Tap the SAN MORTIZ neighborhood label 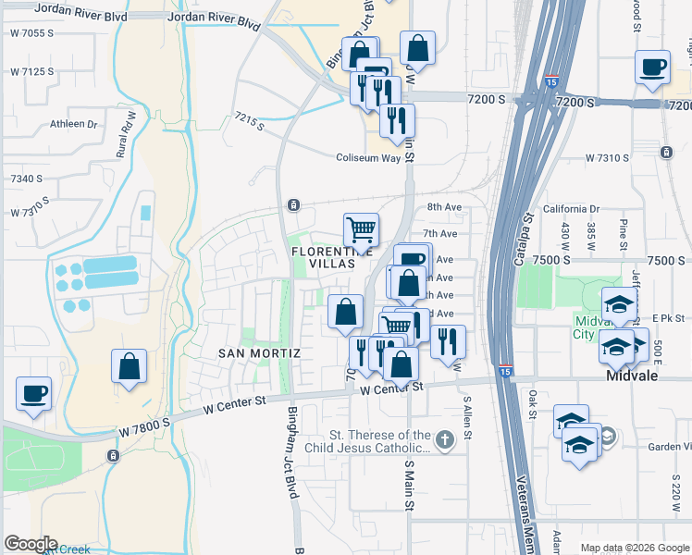[x=259, y=353]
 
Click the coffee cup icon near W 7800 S [x=34, y=395]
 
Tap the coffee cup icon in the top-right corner [x=653, y=68]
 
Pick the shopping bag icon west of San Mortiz [x=130, y=365]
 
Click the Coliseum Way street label [x=374, y=158]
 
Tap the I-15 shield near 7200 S [x=551, y=80]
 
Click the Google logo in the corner [x=30, y=544]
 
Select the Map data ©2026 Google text [x=634, y=548]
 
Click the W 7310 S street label [x=606, y=158]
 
